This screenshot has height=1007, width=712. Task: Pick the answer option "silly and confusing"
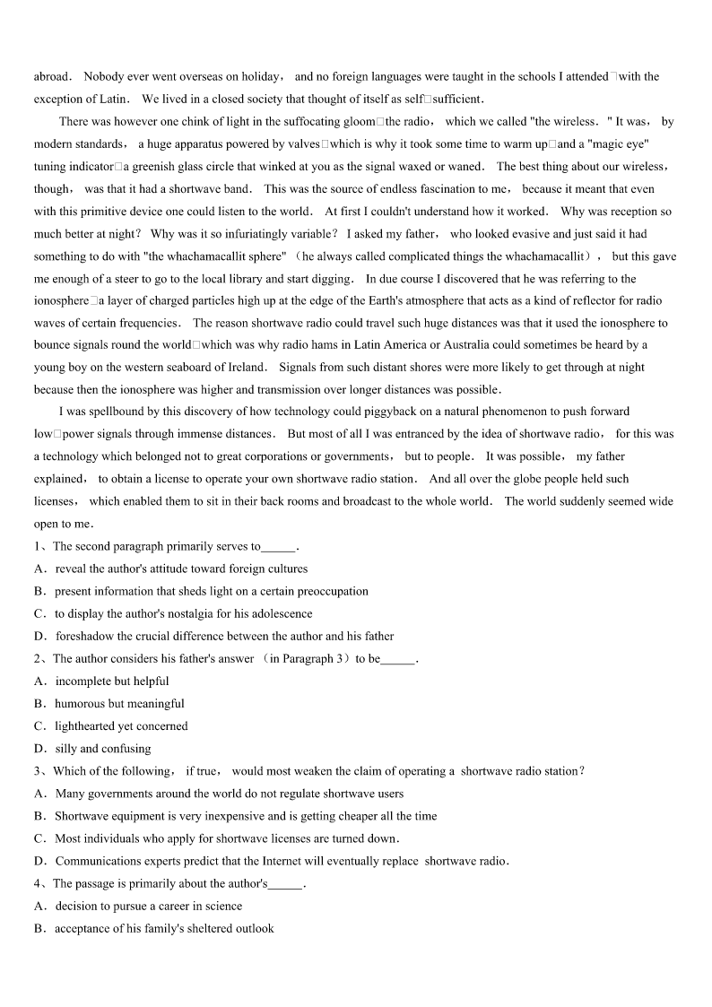pyautogui.click(x=103, y=749)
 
